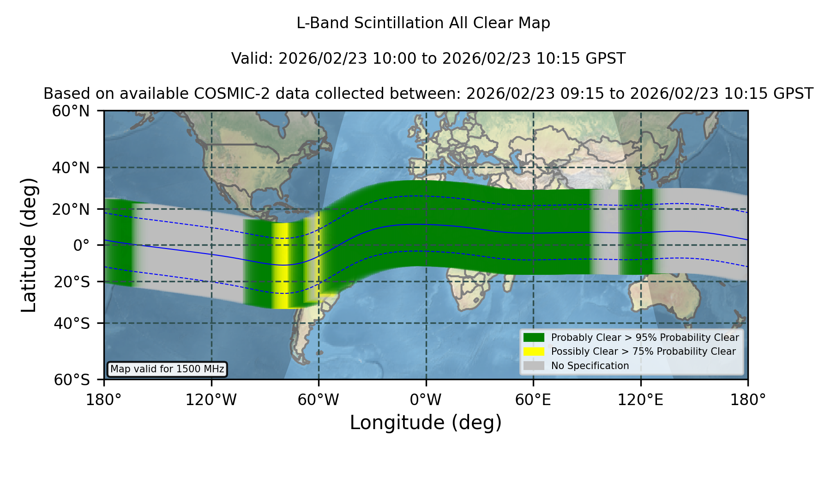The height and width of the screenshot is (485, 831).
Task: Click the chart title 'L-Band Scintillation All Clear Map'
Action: (x=423, y=23)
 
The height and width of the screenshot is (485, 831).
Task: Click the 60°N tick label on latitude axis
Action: (x=71, y=111)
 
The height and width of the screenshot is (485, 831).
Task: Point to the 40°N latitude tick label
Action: (x=71, y=168)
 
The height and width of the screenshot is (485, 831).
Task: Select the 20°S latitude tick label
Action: (x=72, y=282)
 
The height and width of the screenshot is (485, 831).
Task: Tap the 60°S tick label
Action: (x=72, y=380)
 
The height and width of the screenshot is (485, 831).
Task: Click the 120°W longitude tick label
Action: (x=211, y=400)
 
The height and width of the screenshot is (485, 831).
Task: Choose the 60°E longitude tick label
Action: (x=533, y=400)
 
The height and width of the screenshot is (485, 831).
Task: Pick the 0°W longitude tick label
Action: (x=426, y=400)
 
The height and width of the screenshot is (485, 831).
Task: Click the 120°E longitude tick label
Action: (x=641, y=400)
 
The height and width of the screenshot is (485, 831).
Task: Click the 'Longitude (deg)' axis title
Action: (x=426, y=423)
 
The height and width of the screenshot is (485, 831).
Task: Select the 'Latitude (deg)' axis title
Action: (x=29, y=245)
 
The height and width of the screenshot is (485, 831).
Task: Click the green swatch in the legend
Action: (x=534, y=337)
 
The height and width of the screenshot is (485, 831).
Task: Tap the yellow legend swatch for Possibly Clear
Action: (x=534, y=352)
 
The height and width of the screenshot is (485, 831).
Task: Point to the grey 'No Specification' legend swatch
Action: (x=534, y=366)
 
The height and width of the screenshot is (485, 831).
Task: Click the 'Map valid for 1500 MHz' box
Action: (x=167, y=369)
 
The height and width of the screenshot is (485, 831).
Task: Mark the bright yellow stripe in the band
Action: (x=280, y=266)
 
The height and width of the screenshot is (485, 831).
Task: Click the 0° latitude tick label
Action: (x=81, y=245)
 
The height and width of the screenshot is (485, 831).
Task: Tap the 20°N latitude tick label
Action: (x=71, y=209)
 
